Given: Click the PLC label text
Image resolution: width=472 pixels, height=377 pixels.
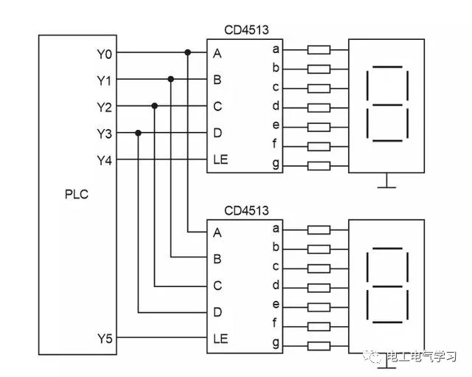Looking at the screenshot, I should pyautogui.click(x=77, y=196).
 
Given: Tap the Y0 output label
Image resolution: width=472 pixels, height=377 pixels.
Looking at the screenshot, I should pyautogui.click(x=105, y=53).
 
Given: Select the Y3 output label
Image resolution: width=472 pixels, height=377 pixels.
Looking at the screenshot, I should pyautogui.click(x=105, y=134).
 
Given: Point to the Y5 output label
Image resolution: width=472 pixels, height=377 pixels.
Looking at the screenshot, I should pyautogui.click(x=105, y=339).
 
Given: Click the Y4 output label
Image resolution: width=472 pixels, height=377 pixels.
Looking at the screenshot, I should pyautogui.click(x=105, y=160).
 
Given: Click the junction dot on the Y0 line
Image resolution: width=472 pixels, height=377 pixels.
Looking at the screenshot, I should pyautogui.click(x=188, y=53).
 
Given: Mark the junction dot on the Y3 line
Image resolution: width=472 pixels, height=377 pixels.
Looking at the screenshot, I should pyautogui.click(x=139, y=134).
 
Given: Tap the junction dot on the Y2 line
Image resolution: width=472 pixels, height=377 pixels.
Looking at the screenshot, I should pyautogui.click(x=155, y=106).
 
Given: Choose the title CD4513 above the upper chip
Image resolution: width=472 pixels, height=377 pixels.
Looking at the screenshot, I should pyautogui.click(x=246, y=30).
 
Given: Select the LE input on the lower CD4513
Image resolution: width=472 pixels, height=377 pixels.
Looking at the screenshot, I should pyautogui.click(x=220, y=339).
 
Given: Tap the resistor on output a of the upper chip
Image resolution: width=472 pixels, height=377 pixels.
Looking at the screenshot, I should pyautogui.click(x=319, y=50).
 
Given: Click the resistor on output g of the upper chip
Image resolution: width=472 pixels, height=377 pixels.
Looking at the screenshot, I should pyautogui.click(x=319, y=165).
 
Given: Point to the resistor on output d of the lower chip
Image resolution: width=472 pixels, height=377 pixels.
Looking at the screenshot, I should pyautogui.click(x=319, y=286).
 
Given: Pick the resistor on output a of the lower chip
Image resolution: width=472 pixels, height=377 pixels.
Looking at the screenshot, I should pyautogui.click(x=319, y=229).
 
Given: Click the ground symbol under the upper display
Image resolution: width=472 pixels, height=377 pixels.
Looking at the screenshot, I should pyautogui.click(x=386, y=181).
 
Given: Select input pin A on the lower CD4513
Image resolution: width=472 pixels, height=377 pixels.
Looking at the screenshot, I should pyautogui.click(x=217, y=232).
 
